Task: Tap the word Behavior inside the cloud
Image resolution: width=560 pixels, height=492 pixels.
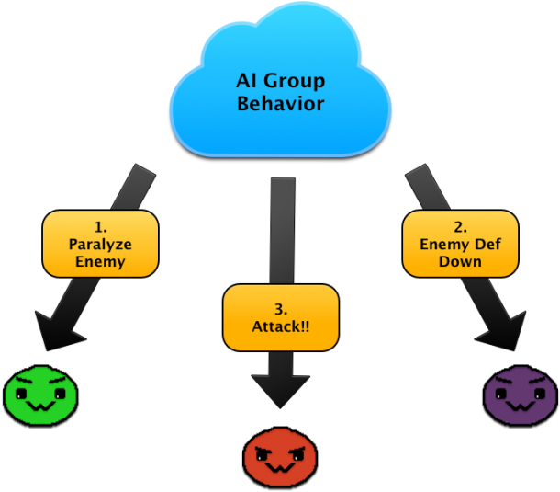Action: point(280,104)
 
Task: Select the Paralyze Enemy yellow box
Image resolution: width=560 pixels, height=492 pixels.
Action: point(100,244)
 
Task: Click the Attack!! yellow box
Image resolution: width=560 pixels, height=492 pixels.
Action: point(281,316)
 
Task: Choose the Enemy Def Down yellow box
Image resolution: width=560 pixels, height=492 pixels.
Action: point(460,244)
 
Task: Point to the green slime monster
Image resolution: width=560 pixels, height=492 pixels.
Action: point(41,395)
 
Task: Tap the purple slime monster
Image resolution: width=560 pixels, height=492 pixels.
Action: point(520,396)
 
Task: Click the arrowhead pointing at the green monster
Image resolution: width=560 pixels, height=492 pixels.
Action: point(57,331)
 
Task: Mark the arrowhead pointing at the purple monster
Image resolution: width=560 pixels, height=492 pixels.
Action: point(503,331)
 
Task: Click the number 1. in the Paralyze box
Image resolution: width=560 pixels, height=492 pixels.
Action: point(100,226)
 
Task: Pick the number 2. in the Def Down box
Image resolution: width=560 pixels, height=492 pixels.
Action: point(460,226)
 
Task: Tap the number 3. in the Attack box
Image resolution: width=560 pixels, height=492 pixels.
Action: point(281,307)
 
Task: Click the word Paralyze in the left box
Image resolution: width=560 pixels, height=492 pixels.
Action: point(100,244)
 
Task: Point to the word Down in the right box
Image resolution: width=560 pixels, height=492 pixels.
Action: point(460,262)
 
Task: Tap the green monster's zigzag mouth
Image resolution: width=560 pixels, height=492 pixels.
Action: point(41,406)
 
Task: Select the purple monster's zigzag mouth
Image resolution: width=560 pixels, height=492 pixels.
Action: point(520,406)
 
